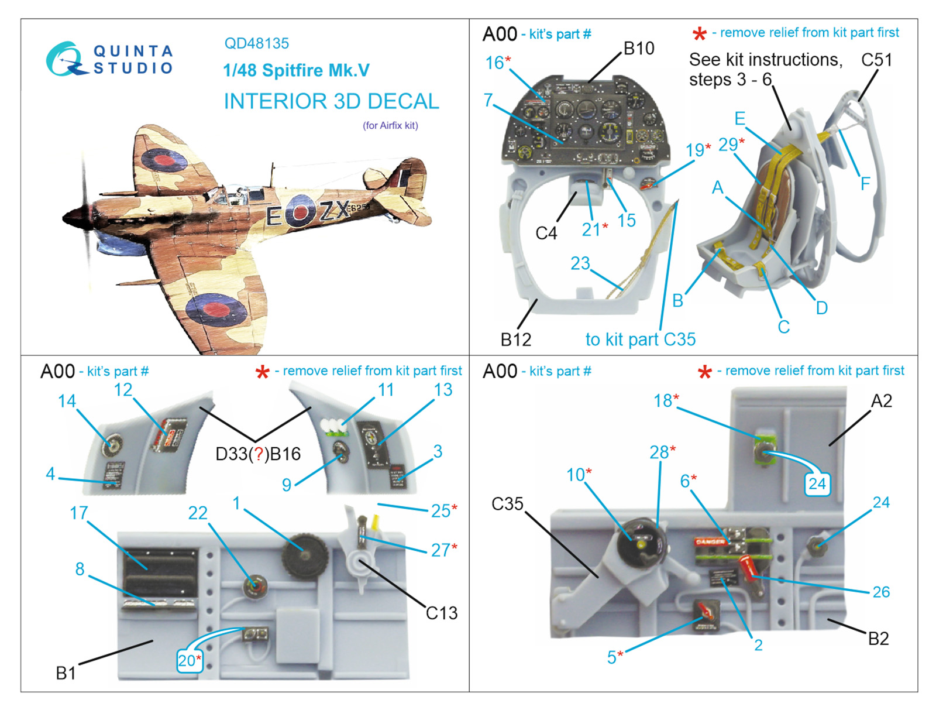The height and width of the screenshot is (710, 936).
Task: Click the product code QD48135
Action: (256, 43)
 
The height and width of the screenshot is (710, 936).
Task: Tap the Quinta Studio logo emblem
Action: (64, 59)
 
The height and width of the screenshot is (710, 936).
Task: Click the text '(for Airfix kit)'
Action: (390, 125)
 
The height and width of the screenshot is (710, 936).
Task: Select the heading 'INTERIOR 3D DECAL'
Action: (331, 101)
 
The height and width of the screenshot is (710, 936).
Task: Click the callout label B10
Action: (638, 49)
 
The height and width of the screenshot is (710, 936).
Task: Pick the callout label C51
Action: (876, 60)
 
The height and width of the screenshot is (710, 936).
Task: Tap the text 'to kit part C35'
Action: (641, 339)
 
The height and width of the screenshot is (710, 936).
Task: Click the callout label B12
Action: (515, 339)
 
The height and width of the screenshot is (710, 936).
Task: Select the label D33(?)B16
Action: (258, 454)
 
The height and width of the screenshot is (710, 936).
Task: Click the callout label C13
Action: (441, 613)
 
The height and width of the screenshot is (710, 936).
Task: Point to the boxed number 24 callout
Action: (817, 483)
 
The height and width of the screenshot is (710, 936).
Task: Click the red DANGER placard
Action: (710, 542)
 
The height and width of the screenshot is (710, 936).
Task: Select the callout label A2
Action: (881, 401)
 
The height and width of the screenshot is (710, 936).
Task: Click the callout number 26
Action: (880, 592)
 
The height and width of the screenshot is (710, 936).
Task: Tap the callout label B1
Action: (66, 673)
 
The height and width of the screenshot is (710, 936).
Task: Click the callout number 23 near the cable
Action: (580, 263)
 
